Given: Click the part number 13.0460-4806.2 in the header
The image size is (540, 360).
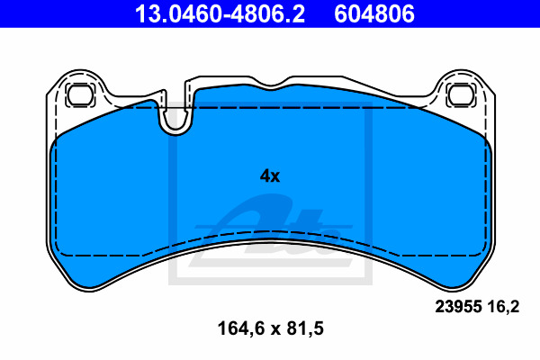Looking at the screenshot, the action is coord(220,13).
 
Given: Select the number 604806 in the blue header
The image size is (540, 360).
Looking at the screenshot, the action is coord(374,13).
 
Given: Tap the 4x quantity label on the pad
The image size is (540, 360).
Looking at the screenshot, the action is coord(270,176).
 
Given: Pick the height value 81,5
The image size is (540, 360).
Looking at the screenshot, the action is coord(305,328).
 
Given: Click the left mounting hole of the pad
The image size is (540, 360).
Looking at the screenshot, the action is coord(81,94).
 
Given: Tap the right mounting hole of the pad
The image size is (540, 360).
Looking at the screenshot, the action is coord(461,94).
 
